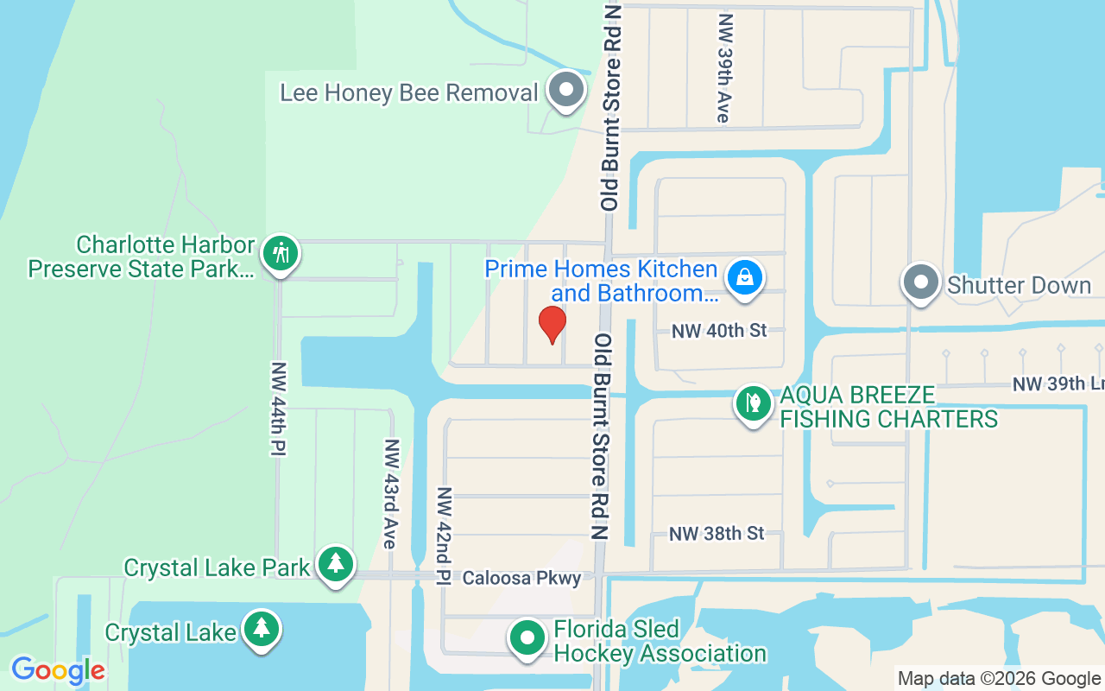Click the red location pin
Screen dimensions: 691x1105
point(552,324)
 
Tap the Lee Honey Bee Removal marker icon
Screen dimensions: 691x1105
point(566,90)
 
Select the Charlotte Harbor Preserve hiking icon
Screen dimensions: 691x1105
point(281,254)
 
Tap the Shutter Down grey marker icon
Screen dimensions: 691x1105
point(921,282)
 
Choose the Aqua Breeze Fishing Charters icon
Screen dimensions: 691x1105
point(753,403)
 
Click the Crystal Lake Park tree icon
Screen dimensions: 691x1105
point(336,564)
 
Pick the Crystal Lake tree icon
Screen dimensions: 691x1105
point(261,628)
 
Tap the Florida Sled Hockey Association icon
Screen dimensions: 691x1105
point(527,639)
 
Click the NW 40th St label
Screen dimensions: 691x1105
point(719,330)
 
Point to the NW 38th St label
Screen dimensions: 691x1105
point(717,533)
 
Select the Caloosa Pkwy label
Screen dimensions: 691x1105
point(521,578)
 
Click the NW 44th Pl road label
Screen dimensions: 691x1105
point(278,407)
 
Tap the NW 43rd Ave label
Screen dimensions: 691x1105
point(391,493)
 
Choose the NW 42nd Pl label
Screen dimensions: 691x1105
point(444,536)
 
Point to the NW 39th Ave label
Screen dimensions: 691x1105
point(725,67)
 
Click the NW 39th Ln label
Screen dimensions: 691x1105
point(1058,384)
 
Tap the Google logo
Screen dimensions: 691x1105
point(58,670)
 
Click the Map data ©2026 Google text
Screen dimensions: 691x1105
point(999,679)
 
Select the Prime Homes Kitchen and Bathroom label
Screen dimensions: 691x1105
point(601,282)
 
